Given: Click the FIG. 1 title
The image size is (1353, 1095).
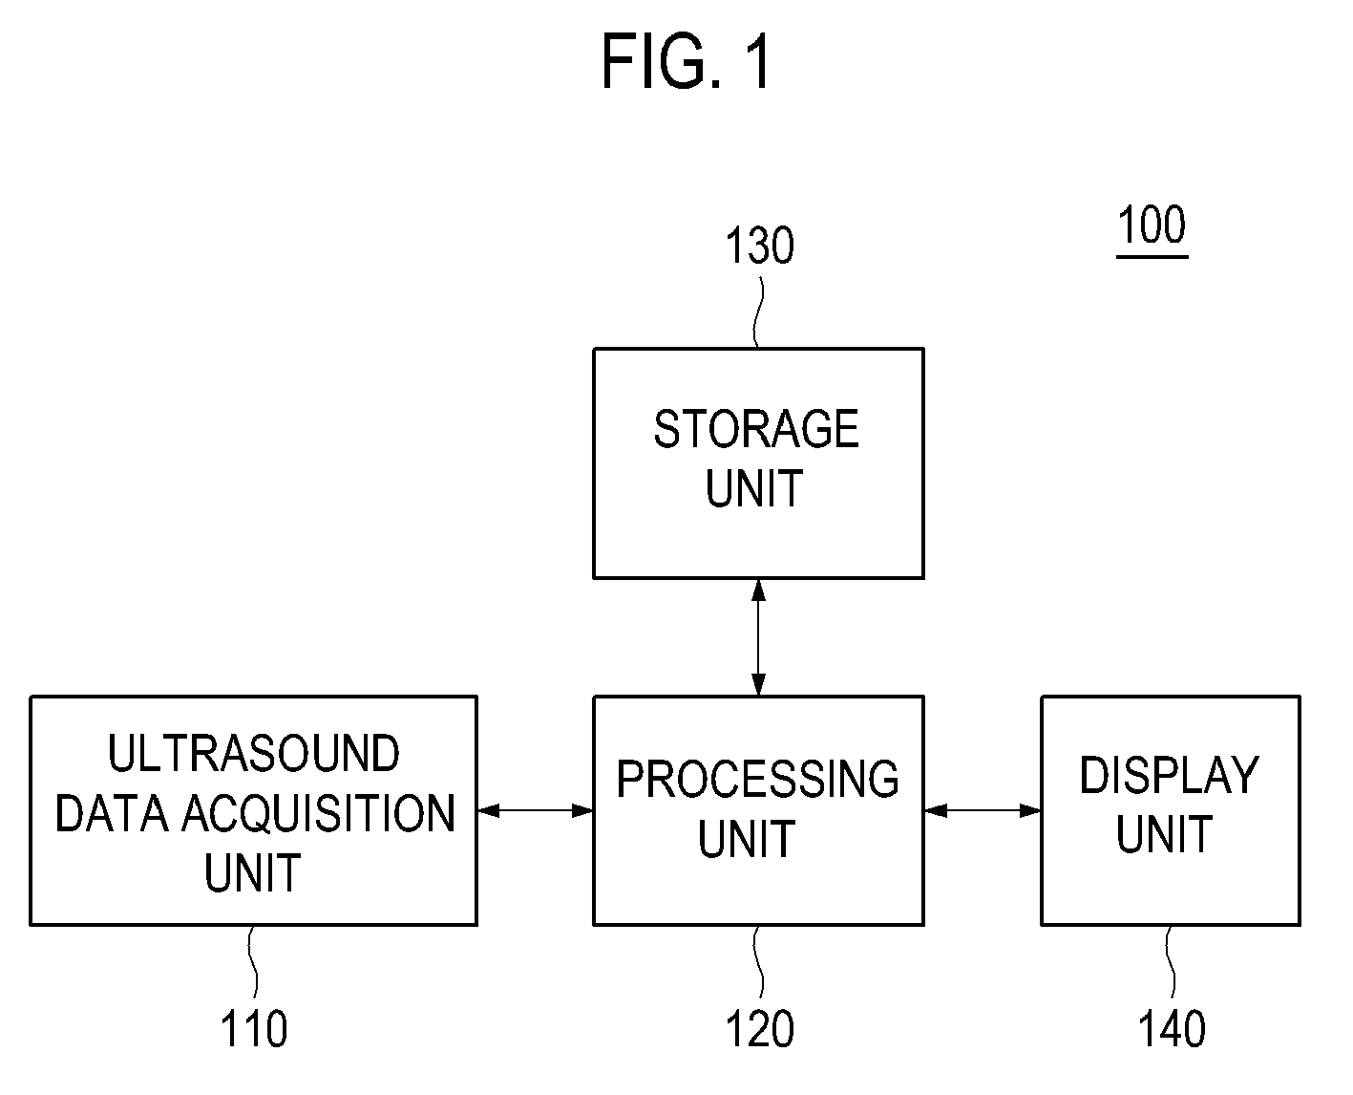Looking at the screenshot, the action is [x=686, y=62].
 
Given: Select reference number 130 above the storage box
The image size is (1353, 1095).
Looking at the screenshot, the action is [x=760, y=246].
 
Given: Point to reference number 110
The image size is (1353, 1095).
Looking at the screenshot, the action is [x=253, y=1028].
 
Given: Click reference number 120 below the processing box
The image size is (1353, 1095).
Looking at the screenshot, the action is [x=760, y=1028].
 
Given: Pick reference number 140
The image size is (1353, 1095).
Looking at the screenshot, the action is [x=1172, y=1028].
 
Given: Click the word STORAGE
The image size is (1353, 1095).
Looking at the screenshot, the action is [x=756, y=429].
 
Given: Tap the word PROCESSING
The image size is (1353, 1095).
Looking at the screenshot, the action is [x=758, y=779].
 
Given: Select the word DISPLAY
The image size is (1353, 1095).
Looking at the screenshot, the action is [x=1170, y=775].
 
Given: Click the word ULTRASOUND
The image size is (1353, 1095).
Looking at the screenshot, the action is [x=253, y=754].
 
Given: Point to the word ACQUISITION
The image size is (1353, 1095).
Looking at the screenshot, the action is [x=319, y=813].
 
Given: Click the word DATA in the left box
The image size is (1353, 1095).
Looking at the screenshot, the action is [x=112, y=813].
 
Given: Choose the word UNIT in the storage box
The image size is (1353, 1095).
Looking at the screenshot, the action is [x=754, y=488].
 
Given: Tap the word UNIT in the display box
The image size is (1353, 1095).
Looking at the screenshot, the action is [x=1164, y=834].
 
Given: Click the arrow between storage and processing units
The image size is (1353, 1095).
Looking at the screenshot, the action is [x=758, y=637].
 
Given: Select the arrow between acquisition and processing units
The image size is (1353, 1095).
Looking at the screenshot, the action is [x=535, y=810].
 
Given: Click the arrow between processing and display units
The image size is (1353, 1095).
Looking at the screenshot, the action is [x=982, y=810].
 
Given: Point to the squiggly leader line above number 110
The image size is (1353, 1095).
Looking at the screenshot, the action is [x=253, y=962].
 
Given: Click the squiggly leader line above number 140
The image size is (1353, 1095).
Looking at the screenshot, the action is [x=1170, y=962].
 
